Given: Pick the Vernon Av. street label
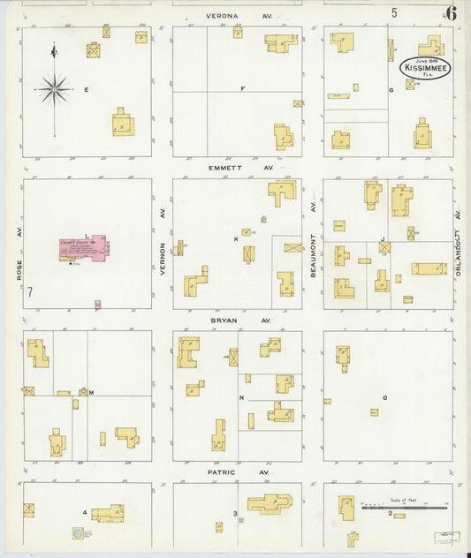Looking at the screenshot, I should pyautogui.click(x=163, y=245).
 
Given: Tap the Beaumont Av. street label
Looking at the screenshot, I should pyautogui.click(x=313, y=237).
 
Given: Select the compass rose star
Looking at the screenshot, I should pyautogui.click(x=54, y=87).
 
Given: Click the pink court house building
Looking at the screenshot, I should pyautogui.click(x=83, y=248).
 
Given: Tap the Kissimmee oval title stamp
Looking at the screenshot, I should pyautogui.click(x=426, y=68).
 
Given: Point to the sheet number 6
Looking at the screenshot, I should pyautogui.click(x=451, y=12).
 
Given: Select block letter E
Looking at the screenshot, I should pyautogui.click(x=86, y=90).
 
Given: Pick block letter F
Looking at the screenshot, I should pyautogui.click(x=241, y=89).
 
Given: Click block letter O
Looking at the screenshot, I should pyautogui.click(x=384, y=398).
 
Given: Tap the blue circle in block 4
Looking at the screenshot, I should pyautogui.click(x=79, y=533).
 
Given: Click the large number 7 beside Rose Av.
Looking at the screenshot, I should pyautogui.click(x=31, y=292).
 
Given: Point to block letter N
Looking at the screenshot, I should pyautogui.click(x=241, y=398).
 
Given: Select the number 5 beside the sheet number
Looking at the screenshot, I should pyautogui.click(x=395, y=12).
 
